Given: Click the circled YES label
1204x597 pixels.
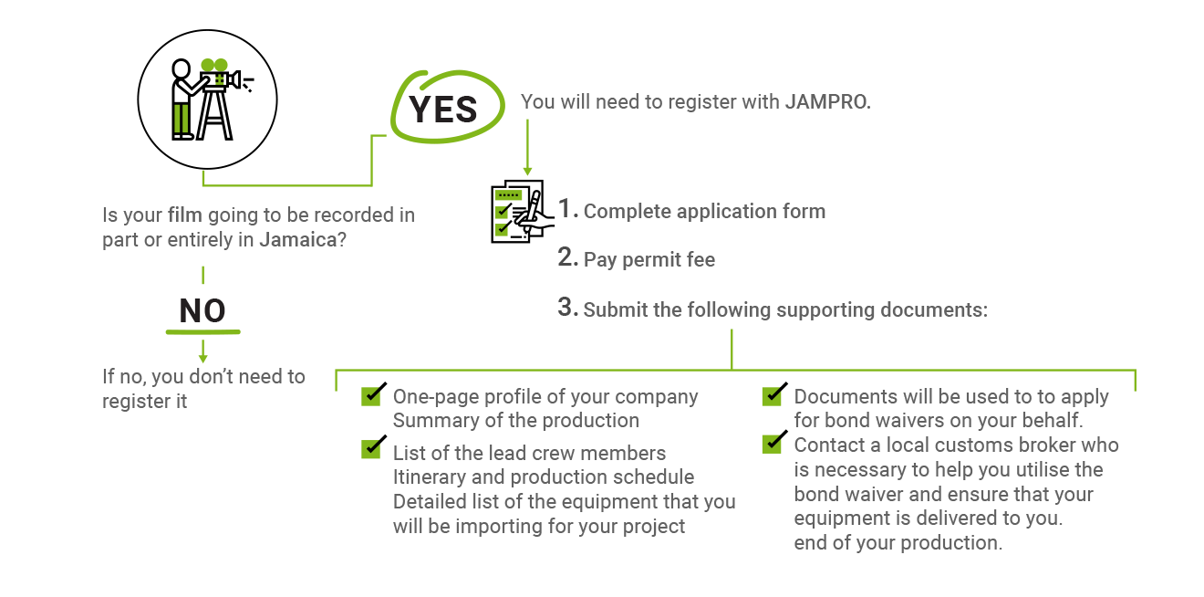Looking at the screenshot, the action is coord(442,110).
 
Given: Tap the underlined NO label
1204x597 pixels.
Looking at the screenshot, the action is coord(202,311).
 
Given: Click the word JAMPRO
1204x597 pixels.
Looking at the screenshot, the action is coord(827,101).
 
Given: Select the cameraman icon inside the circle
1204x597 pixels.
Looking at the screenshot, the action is coord(211,99).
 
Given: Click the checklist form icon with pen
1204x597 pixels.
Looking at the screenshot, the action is coord(523,212).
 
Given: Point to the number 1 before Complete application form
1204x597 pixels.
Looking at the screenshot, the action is coord(566,208).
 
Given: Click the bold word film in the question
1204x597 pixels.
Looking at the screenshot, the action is coord(185,215).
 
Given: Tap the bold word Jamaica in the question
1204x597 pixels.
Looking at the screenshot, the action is coord(297,239).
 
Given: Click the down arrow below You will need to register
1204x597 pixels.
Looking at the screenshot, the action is coord(527,147).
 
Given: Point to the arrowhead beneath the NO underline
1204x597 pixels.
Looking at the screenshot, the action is coord(202,358).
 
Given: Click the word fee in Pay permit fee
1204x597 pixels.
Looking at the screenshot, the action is coord(700,259).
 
